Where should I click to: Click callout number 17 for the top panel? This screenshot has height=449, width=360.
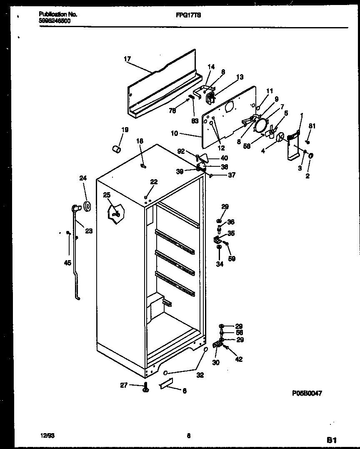tap(127, 59)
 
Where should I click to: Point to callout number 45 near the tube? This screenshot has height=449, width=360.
tap(68, 263)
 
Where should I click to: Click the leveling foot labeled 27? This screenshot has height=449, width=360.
tap(146, 387)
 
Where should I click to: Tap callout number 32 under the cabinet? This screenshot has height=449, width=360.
tap(200, 375)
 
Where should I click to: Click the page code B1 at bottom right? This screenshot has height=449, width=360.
tap(331, 439)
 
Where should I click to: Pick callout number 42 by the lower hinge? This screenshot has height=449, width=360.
tap(238, 359)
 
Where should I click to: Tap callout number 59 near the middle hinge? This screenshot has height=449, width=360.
tap(232, 258)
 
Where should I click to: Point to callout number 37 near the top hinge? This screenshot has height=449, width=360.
tap(231, 175)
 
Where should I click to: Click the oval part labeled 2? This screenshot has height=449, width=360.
tap(311, 156)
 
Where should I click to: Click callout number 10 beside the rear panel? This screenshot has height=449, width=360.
tap(174, 133)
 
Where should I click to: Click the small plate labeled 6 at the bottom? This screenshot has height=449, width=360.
tap(167, 386)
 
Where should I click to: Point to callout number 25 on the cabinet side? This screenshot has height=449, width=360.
tap(107, 195)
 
